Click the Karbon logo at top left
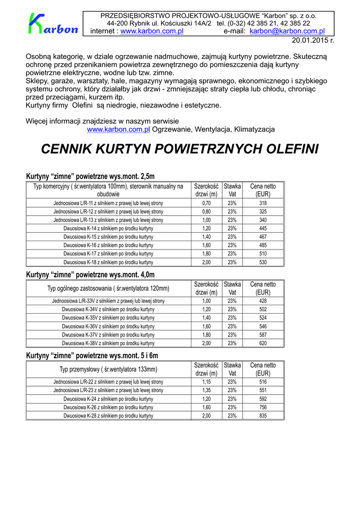click(53, 24)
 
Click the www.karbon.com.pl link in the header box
click(152, 31)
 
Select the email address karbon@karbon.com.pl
click(287, 31)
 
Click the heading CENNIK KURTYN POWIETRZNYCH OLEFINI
click(180, 149)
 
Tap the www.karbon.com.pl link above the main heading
click(118, 129)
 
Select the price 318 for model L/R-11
click(263, 203)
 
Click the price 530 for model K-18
click(263, 262)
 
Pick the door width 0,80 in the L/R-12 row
click(206, 212)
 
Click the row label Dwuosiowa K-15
click(108, 237)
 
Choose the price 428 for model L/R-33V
click(263, 301)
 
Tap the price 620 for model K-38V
click(263, 343)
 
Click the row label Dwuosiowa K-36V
click(108, 326)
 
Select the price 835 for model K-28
click(263, 416)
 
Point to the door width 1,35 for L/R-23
click(206, 390)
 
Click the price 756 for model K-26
click(263, 407)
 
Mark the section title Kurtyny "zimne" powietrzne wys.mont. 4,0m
click(90, 274)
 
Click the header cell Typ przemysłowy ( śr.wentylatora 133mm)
click(108, 369)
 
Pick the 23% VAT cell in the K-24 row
click(232, 399)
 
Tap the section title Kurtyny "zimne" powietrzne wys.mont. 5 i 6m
click(92, 355)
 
